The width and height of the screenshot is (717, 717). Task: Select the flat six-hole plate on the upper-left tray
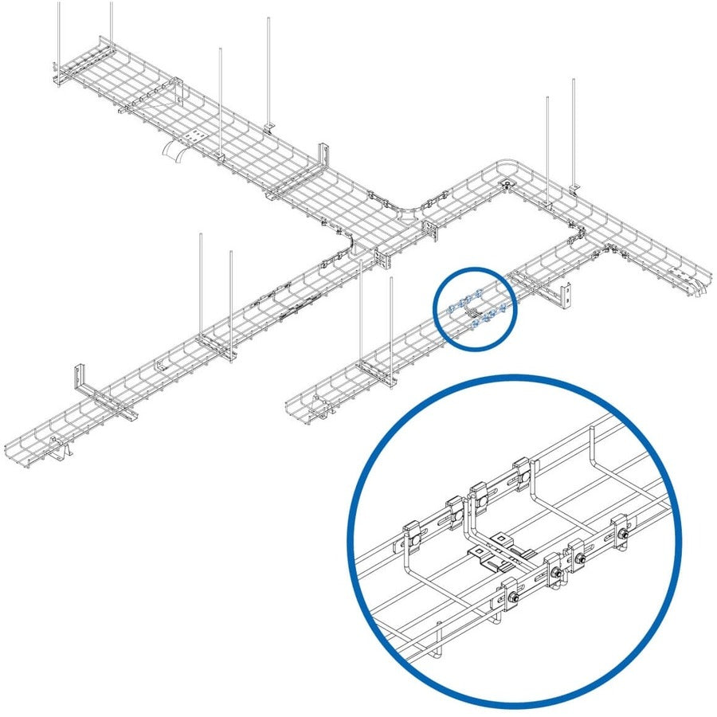(195, 137)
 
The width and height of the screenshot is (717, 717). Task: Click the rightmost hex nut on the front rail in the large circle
(621, 531)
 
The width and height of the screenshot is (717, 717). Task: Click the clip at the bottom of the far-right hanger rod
(575, 188)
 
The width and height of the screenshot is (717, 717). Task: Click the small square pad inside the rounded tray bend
(507, 186)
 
